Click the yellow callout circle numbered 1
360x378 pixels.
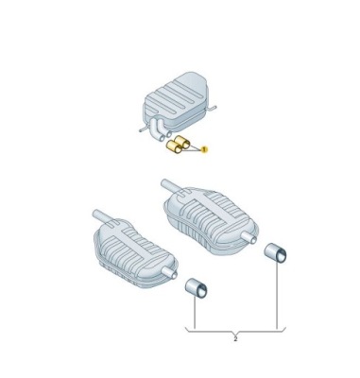pyautogui.click(x=204, y=149)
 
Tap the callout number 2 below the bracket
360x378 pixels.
pyautogui.click(x=235, y=339)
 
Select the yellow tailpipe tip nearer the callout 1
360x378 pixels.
pyautogui.click(x=183, y=142)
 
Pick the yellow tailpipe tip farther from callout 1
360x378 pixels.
pyautogui.click(x=174, y=146)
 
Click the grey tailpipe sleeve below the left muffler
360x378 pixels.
pyautogui.click(x=196, y=287)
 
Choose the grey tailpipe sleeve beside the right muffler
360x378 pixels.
pyautogui.click(x=275, y=252)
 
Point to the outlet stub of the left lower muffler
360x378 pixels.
pyautogui.click(x=169, y=272)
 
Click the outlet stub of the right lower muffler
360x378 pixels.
pyautogui.click(x=249, y=236)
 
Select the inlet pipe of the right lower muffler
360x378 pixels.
pyautogui.click(x=171, y=186)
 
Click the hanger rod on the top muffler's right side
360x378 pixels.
pyautogui.click(x=212, y=109)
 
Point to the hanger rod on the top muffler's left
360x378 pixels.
pyautogui.click(x=143, y=129)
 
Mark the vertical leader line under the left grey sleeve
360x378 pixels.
pyautogui.click(x=196, y=313)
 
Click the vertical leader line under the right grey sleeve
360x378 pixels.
pyautogui.click(x=277, y=295)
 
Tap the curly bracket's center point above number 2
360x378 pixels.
pyautogui.click(x=235, y=334)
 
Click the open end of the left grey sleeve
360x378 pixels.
pyautogui.click(x=200, y=291)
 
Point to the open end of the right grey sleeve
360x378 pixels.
pyautogui.click(x=281, y=256)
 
